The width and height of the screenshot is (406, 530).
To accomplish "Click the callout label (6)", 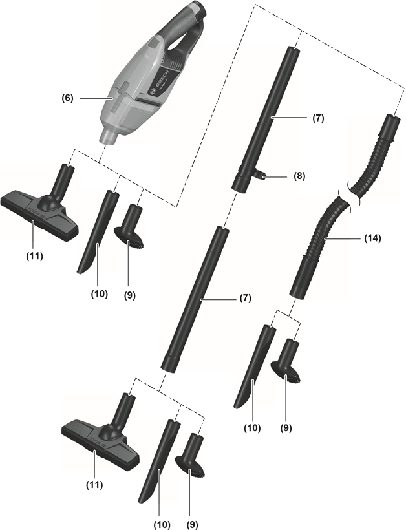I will (x=67, y=98).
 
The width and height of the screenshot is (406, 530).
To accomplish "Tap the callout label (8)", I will (x=299, y=175).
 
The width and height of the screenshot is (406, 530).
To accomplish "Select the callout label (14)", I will (x=372, y=238).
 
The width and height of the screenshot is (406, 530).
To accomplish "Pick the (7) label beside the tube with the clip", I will (x=317, y=118).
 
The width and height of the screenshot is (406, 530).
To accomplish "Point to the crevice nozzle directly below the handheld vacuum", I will (x=99, y=233).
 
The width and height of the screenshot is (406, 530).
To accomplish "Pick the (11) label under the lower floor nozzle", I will (x=94, y=483).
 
